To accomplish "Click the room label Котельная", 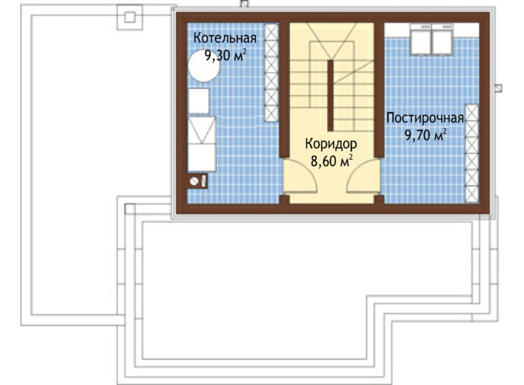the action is tap(225, 38).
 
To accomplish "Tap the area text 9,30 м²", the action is tap(225, 55).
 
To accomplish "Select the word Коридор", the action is tap(331, 144).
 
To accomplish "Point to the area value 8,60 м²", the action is tap(331, 161).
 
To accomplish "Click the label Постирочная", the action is tap(425, 118).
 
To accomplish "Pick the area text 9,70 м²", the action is tap(426, 136).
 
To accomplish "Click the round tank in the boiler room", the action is tap(204, 66).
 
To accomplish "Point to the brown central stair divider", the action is tap(330, 95).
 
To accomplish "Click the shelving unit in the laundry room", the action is tap(472, 153).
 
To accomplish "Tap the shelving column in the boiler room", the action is tap(271, 72).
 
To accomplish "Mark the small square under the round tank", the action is tap(199, 101).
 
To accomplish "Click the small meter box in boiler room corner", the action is tap(197, 181).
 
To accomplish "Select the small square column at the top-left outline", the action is tap(130, 17).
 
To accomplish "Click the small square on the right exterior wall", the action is tap(498, 87).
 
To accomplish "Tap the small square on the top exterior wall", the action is tap(245, 4).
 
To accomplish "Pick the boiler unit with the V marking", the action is tap(202, 130).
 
